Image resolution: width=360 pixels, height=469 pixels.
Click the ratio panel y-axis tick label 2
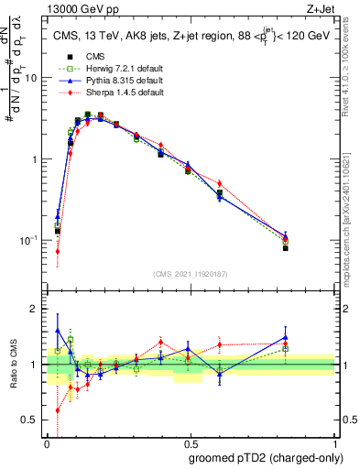(35, 309)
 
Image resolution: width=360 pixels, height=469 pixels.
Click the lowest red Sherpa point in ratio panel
(58, 410)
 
